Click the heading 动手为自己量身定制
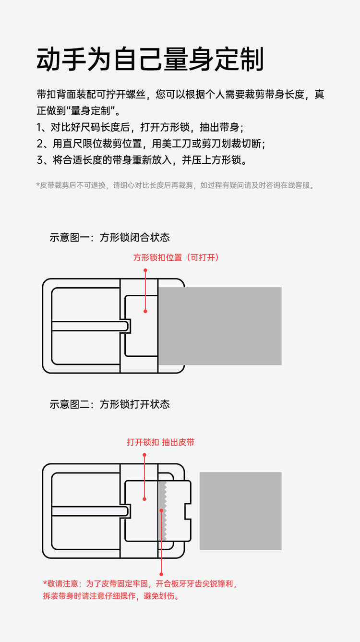pos(150,60)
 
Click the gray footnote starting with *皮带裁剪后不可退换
pos(176,185)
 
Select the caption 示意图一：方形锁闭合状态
pos(109,237)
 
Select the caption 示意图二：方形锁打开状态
pos(109,404)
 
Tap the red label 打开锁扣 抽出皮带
pos(161,442)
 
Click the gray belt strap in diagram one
pos(220,326)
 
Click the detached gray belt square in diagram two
pos(240,511)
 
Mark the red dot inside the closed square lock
pos(145,311)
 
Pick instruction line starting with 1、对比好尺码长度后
pos(140,127)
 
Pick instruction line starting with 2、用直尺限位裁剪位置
pos(151,144)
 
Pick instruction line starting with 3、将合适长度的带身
pos(142,160)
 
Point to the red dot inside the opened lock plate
pos(144,499)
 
